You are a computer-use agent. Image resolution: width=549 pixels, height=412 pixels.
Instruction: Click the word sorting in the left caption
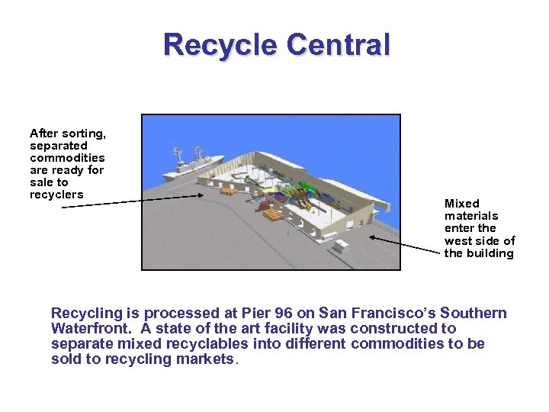(82, 134)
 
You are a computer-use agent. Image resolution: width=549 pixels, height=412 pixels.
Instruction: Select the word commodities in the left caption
(67, 158)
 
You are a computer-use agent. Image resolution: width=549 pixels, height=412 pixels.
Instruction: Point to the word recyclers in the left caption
(56, 195)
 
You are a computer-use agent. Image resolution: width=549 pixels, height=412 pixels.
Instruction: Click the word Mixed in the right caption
(462, 204)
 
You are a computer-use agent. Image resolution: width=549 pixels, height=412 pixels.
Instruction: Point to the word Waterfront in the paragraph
(90, 329)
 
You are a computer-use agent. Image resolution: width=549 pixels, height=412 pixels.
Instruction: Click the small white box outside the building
(340, 246)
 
